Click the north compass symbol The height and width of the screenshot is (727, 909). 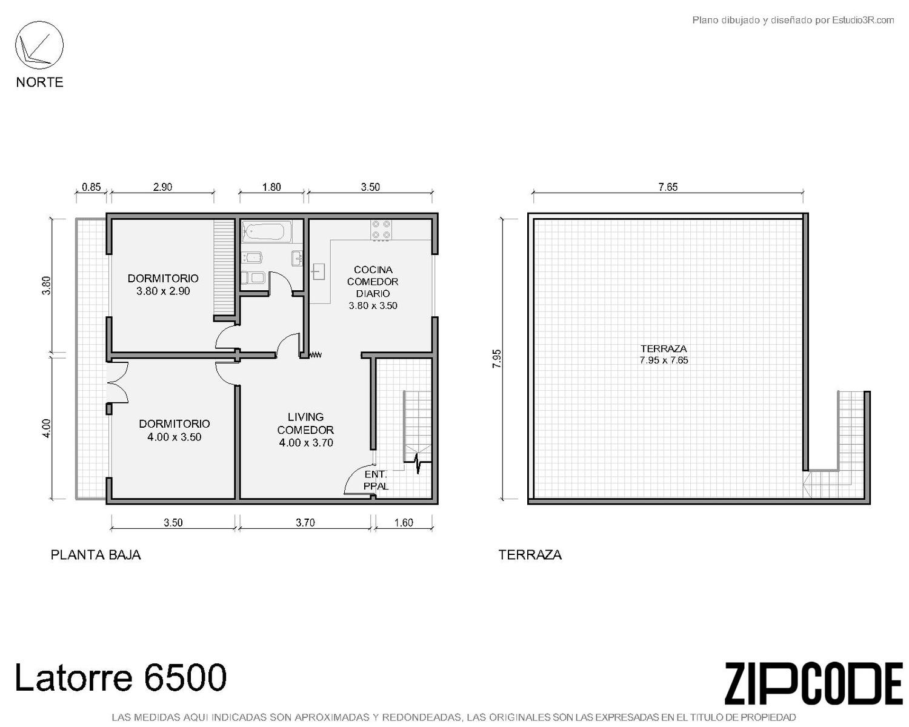[x=39, y=45]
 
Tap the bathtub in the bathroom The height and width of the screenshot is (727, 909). [x=267, y=231]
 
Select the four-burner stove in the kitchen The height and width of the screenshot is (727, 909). [x=381, y=231]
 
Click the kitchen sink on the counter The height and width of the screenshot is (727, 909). [x=318, y=271]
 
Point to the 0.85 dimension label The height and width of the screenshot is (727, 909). [x=92, y=187]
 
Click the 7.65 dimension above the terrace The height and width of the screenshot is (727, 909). [x=668, y=187]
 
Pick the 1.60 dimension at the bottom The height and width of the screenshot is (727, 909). [x=404, y=523]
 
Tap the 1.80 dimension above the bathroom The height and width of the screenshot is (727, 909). [x=271, y=187]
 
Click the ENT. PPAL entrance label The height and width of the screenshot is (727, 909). [x=376, y=480]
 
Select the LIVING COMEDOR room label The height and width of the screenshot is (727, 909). [x=305, y=430]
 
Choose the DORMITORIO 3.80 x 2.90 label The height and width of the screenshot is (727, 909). [x=163, y=285]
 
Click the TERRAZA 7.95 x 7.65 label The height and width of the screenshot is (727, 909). [x=664, y=354]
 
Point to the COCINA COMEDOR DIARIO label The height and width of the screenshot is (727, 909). [x=373, y=287]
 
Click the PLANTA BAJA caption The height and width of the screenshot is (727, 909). [x=96, y=555]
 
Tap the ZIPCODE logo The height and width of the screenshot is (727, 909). [x=813, y=677]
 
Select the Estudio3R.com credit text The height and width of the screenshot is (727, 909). [x=793, y=20]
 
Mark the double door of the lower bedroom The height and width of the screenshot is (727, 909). [x=118, y=383]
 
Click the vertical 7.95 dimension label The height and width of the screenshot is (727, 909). [x=497, y=359]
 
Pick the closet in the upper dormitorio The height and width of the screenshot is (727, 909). [x=224, y=267]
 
